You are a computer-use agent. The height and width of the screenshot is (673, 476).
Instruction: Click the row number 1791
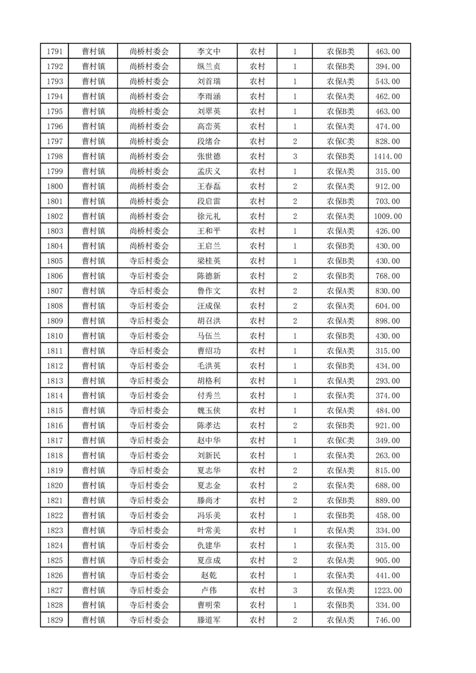(55, 52)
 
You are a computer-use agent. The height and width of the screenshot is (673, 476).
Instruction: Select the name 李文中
(209, 52)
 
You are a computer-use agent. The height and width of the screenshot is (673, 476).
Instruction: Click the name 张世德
(209, 157)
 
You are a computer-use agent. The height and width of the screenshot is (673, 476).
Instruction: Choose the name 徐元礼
(209, 217)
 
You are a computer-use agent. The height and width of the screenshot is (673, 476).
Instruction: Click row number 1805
(55, 262)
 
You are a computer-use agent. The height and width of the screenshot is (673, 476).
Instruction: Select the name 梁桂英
(209, 262)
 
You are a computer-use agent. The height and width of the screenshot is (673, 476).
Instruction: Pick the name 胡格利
(209, 381)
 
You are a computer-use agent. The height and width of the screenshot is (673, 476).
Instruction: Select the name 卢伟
(209, 591)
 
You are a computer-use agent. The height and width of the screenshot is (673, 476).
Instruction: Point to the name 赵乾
(209, 576)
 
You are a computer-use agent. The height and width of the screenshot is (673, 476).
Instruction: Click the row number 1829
(55, 621)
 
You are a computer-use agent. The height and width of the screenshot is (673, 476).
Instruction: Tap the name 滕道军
(209, 621)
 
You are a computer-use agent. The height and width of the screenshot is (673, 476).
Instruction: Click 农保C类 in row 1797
(340, 142)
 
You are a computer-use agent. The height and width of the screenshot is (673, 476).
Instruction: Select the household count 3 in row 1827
(295, 591)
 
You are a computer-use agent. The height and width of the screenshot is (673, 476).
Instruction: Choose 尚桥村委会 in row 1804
(149, 247)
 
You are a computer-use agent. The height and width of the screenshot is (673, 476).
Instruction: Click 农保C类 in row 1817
(340, 441)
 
